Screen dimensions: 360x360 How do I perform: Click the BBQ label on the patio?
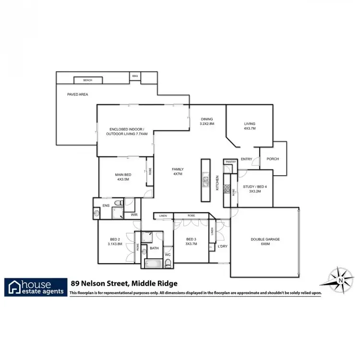(135, 76)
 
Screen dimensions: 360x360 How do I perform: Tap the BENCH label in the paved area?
(87, 80)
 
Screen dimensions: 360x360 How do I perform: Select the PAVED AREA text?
(77, 95)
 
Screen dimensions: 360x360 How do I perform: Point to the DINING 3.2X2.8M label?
(206, 121)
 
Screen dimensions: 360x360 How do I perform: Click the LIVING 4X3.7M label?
(250, 126)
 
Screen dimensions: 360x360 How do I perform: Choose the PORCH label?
(273, 159)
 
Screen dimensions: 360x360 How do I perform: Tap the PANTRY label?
(230, 162)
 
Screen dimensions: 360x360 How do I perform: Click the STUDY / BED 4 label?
(254, 189)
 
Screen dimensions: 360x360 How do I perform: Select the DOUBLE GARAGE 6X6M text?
(265, 241)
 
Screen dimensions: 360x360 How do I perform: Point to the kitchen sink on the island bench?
(205, 181)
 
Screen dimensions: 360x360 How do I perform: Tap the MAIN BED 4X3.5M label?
(123, 177)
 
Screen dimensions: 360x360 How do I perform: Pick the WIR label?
(134, 215)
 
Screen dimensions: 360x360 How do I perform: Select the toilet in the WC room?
(168, 263)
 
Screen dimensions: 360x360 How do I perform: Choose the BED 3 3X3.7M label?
(191, 241)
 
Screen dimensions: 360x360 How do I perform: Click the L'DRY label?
(222, 246)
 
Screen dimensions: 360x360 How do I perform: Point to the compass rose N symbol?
(340, 279)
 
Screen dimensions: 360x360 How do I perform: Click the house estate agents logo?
(36, 287)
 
